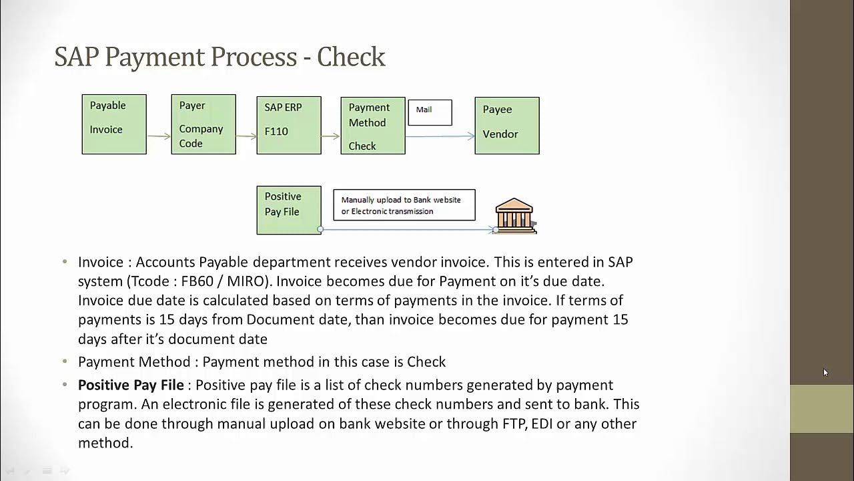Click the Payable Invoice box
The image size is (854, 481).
114,124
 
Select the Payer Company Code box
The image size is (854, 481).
203,124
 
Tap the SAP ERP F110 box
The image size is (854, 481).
289,126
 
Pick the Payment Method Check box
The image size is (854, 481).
373,126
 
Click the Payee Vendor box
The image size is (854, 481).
507,126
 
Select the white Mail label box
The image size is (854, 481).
430,112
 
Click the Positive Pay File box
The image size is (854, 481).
289,210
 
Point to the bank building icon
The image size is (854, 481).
515,215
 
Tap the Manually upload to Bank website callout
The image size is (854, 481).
404,205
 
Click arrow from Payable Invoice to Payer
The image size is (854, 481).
159,136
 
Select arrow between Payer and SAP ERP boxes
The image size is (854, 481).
246,136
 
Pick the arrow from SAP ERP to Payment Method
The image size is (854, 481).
330,136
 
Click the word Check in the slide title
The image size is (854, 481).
351,57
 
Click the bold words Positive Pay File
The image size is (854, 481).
131,385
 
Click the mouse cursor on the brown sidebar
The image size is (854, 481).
825,373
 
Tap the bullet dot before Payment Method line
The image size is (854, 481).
65,361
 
